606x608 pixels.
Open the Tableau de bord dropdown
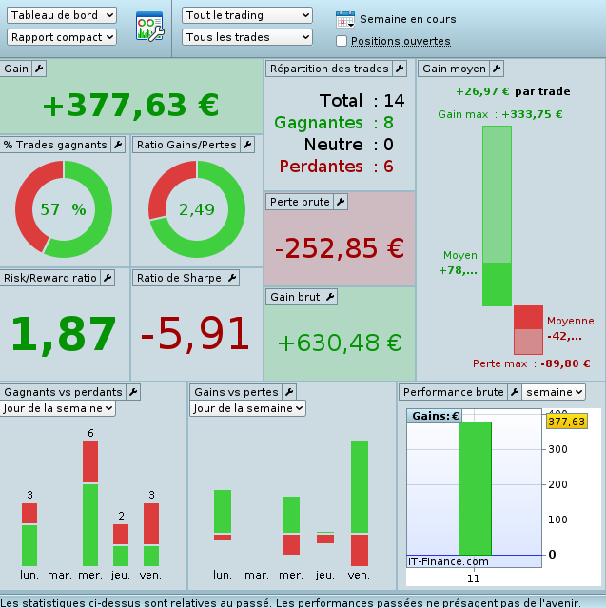61,15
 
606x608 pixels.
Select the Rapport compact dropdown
61,37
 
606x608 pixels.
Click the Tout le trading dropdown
247,15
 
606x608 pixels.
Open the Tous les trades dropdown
247,37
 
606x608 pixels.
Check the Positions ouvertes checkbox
342,41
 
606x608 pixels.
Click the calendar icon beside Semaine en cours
344,19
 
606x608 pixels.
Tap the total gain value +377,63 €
130,106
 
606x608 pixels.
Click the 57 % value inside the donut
63,209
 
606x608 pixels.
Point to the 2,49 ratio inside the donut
197,209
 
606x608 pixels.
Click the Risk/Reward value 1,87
63,334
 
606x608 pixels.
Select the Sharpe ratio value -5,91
196,334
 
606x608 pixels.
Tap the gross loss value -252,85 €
340,247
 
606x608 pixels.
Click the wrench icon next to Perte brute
341,202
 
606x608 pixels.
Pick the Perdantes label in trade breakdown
322,167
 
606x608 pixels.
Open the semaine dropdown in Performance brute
554,392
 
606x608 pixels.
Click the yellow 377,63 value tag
566,422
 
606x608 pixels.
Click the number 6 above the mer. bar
90,434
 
